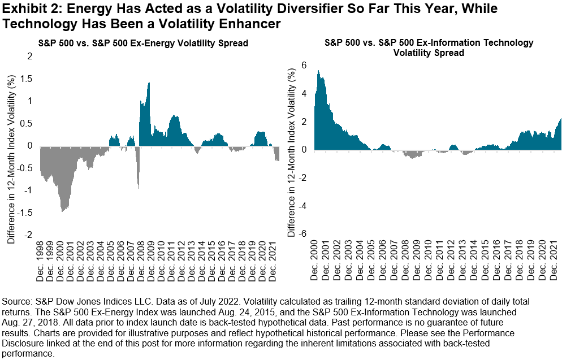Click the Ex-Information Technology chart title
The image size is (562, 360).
point(429,47)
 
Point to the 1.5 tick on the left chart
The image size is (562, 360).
point(26,79)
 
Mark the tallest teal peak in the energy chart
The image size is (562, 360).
point(149,83)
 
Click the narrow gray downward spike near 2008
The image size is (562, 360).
point(139,186)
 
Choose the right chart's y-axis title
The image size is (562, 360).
point(291,150)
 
